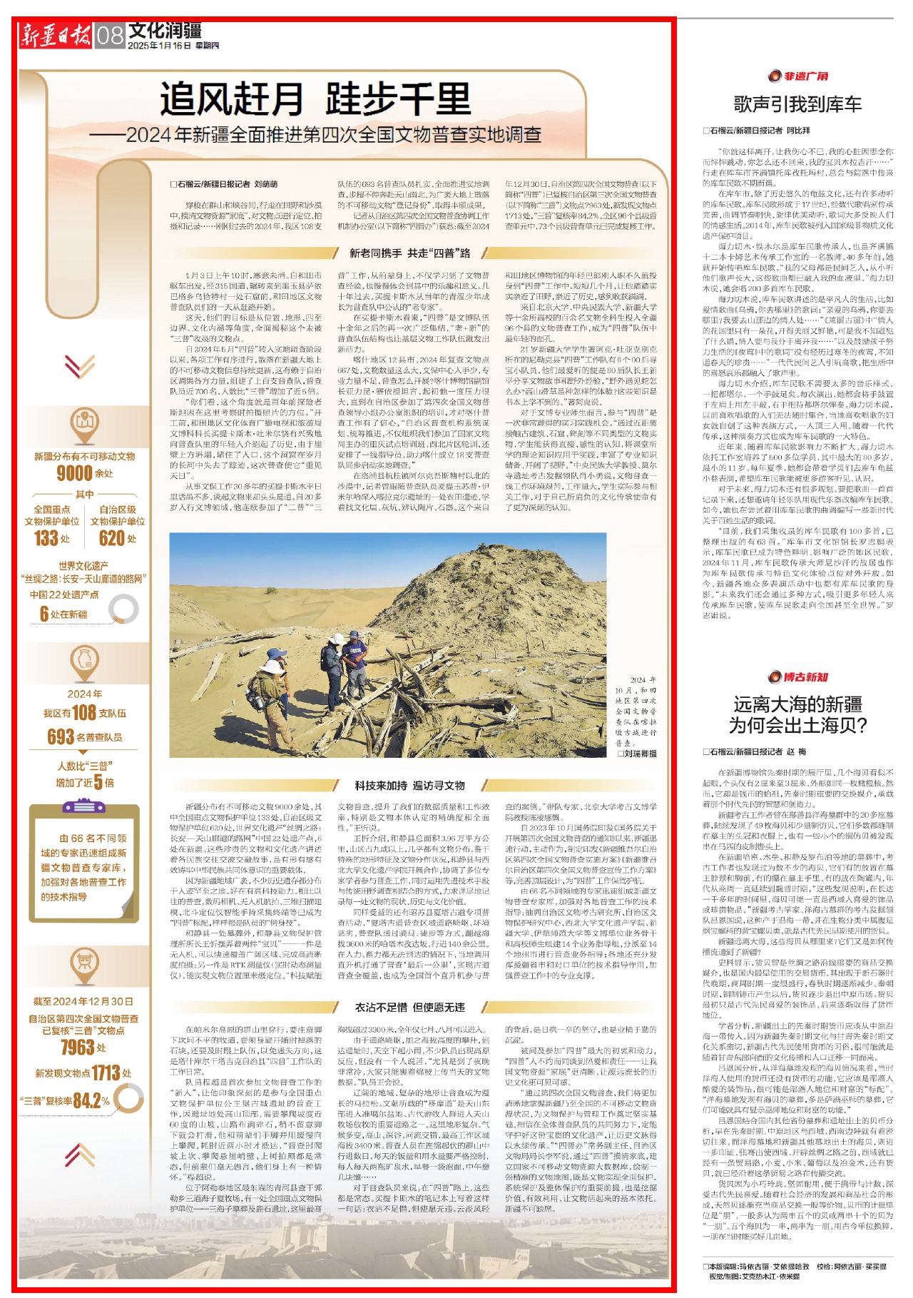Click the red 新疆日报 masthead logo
[x=56, y=35]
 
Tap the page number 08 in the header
[x=110, y=35]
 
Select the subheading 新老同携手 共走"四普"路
[x=409, y=253]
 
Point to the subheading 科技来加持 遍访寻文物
[x=409, y=785]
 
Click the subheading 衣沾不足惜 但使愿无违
[x=409, y=1007]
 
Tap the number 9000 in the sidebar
[x=75, y=473]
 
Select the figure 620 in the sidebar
[x=111, y=538]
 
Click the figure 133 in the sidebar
[x=46, y=538]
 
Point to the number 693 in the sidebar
[x=61, y=736]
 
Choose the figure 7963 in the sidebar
[x=78, y=1047]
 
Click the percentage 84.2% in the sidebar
[x=91, y=1100]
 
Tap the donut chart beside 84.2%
[x=129, y=1097]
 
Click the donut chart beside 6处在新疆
[x=124, y=609]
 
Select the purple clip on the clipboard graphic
[x=84, y=807]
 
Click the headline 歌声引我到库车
[x=797, y=105]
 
